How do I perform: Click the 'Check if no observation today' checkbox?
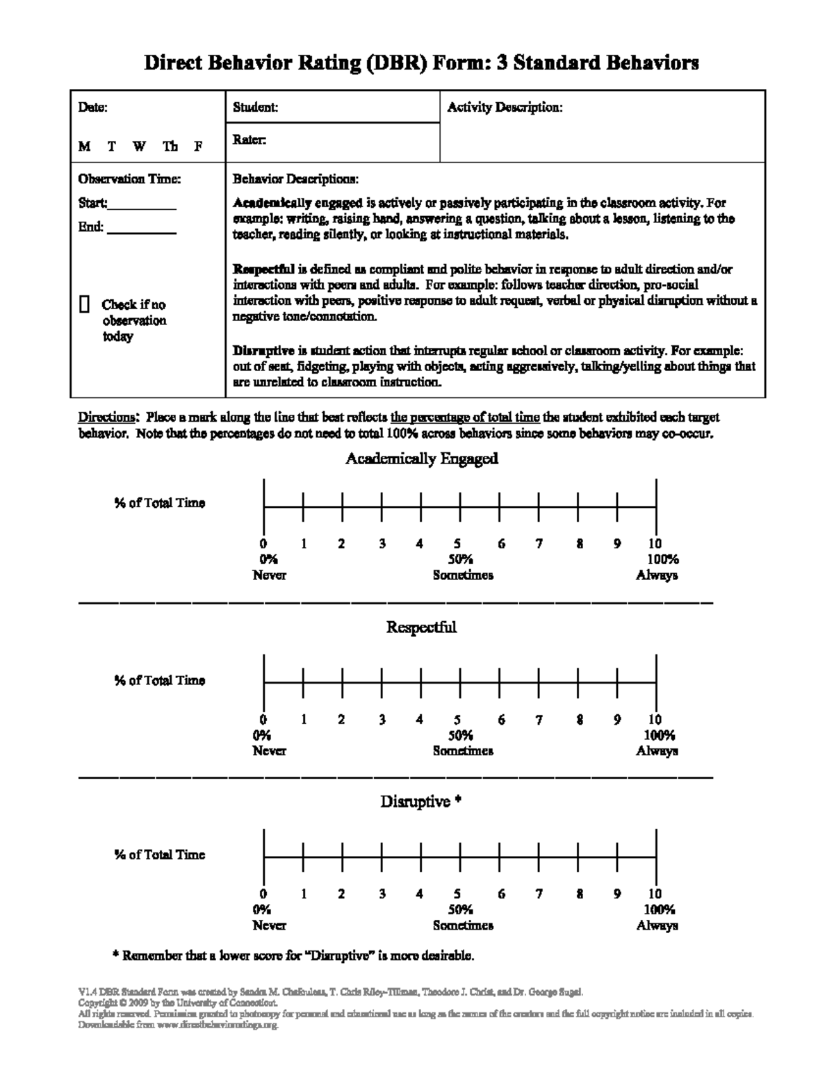point(84,304)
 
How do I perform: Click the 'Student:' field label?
point(255,108)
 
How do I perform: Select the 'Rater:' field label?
point(249,140)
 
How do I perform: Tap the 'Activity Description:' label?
point(504,108)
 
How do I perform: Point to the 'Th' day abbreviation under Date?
point(170,147)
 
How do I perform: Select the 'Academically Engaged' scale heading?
point(421,459)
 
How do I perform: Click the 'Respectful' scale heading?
point(421,627)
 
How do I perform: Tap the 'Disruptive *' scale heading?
point(421,802)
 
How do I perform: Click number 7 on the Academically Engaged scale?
point(539,544)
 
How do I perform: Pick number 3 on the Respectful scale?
point(382,720)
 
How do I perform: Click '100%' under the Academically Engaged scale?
point(662,559)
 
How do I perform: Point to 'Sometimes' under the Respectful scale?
point(462,751)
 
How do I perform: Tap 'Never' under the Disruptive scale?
point(269,925)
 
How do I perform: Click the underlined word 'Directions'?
point(106,418)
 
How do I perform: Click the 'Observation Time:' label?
point(129,179)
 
